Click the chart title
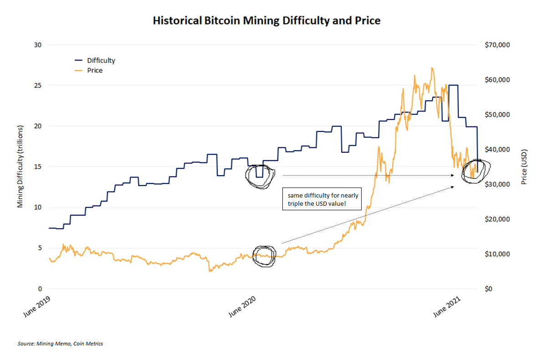266,20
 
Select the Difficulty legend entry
101,60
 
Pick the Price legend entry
95,71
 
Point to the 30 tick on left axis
37,45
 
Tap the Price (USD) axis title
524,167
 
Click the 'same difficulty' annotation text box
322,199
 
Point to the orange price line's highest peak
431,68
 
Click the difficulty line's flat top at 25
453,85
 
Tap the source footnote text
61,344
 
